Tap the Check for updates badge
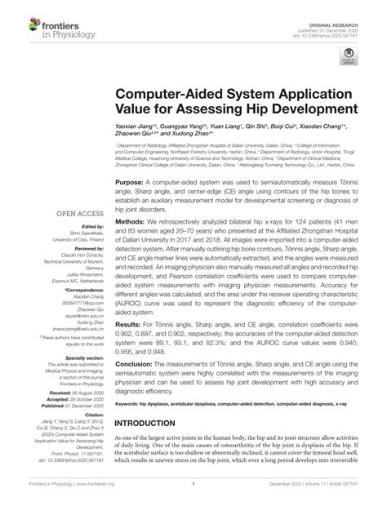click(349, 55)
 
